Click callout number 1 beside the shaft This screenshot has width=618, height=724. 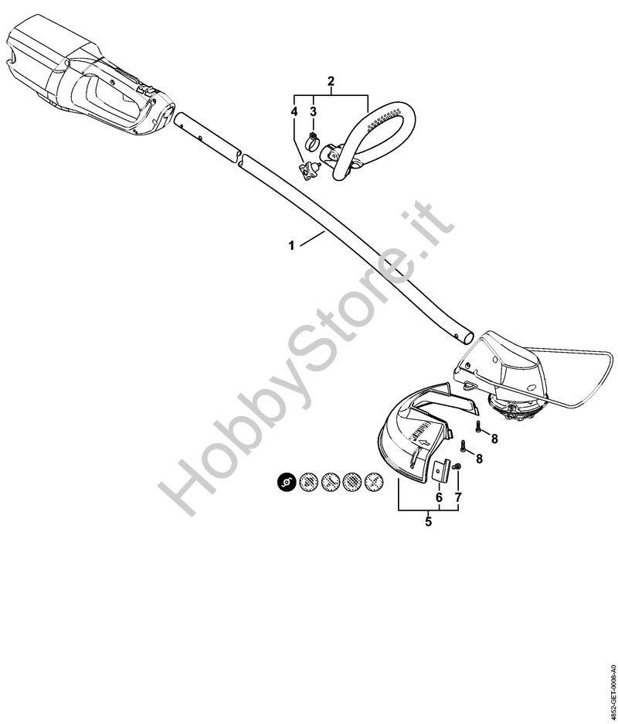point(291,245)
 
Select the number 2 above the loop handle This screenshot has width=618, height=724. point(331,81)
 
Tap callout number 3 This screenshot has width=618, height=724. point(313,112)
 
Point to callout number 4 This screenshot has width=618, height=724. point(294,112)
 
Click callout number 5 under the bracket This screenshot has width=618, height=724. point(428,521)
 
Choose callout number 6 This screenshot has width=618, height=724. point(439,497)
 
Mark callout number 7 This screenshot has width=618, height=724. point(457,497)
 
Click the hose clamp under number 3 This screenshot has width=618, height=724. point(314,142)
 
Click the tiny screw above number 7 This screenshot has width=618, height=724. point(456,466)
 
